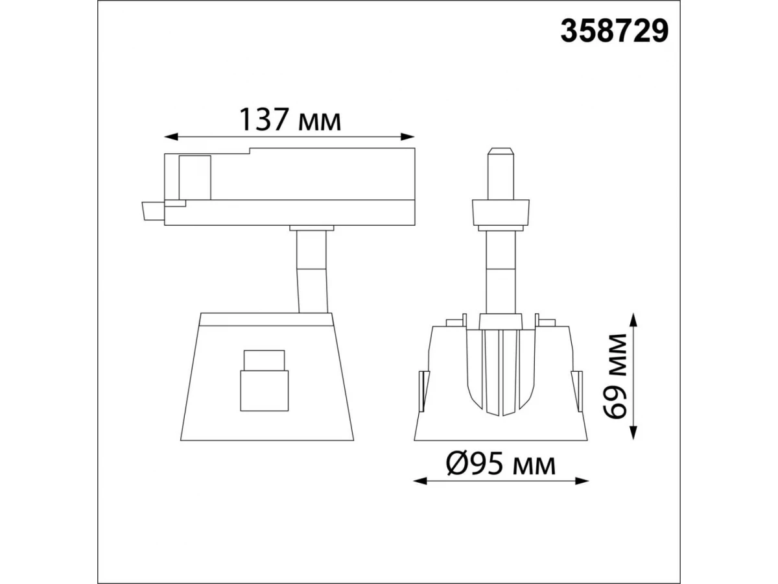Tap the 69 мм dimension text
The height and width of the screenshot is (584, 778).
coord(615,376)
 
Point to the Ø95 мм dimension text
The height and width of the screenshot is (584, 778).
coord(501,465)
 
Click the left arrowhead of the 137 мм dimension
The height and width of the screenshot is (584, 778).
coord(171,137)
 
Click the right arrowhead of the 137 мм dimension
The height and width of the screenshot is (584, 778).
coord(407,137)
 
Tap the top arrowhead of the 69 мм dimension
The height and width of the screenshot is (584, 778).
coord(633,320)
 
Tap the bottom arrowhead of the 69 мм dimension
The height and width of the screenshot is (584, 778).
coord(633,433)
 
